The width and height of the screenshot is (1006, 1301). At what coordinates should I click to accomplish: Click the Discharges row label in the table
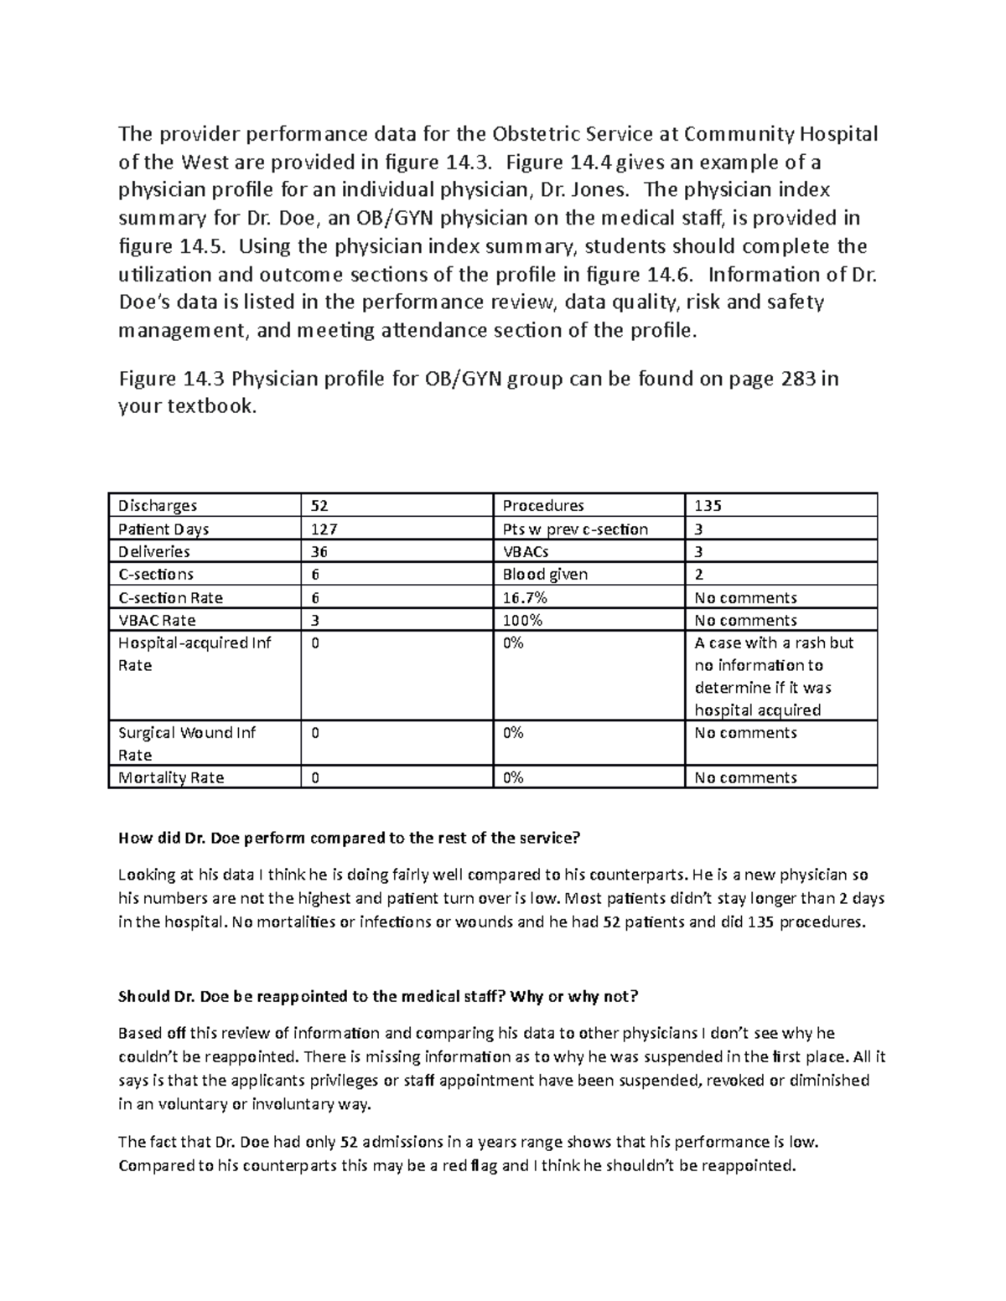[x=158, y=506]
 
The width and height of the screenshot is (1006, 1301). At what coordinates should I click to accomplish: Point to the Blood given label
[x=545, y=575]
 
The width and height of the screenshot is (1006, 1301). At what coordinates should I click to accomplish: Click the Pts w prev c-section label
[x=575, y=529]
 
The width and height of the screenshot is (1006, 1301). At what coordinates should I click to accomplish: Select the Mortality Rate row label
[x=171, y=777]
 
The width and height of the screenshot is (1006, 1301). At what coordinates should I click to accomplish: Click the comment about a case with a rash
[x=774, y=676]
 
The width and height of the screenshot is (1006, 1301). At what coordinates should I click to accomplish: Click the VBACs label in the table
[x=526, y=552]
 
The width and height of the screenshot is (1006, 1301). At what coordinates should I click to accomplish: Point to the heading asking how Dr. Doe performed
[x=349, y=839]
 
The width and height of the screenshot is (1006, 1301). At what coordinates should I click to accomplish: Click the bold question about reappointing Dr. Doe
[x=378, y=996]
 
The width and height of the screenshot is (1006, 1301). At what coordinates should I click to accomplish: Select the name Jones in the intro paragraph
[x=595, y=190]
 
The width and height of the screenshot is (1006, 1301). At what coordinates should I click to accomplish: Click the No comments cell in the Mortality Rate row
[x=745, y=777]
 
